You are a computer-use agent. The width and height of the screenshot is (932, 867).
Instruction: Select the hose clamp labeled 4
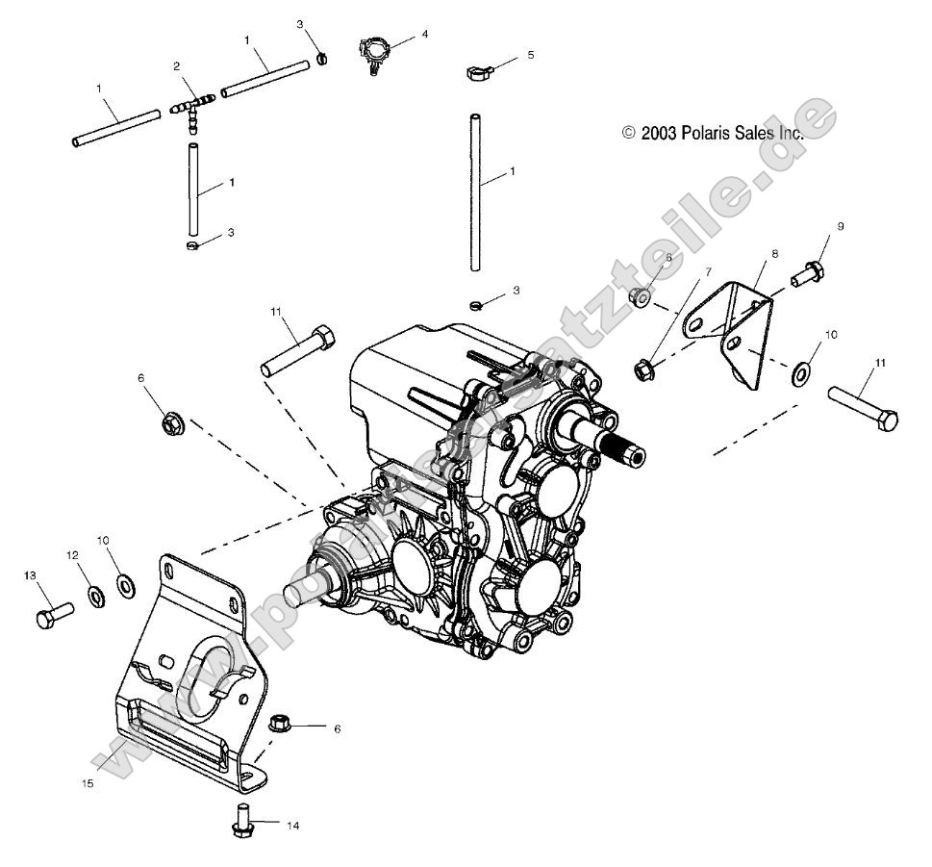pos(377,50)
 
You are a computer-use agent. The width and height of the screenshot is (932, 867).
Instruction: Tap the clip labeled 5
pos(477,71)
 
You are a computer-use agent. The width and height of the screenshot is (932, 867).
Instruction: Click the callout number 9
pos(840,226)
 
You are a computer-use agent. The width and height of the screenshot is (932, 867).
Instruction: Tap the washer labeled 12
pos(97,597)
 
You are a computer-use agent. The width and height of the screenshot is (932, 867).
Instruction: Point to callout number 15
pos(88,784)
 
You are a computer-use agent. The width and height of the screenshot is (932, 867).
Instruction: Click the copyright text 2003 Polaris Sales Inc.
pos(712,134)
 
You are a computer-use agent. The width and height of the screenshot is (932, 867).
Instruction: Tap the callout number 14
pos(293,825)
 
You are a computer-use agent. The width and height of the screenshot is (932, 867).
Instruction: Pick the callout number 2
pos(177,66)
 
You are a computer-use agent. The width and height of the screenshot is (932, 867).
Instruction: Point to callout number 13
pos(30,574)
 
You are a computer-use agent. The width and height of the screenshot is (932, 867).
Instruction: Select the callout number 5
pos(530,56)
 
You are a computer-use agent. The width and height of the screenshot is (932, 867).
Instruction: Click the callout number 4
pos(425,34)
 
